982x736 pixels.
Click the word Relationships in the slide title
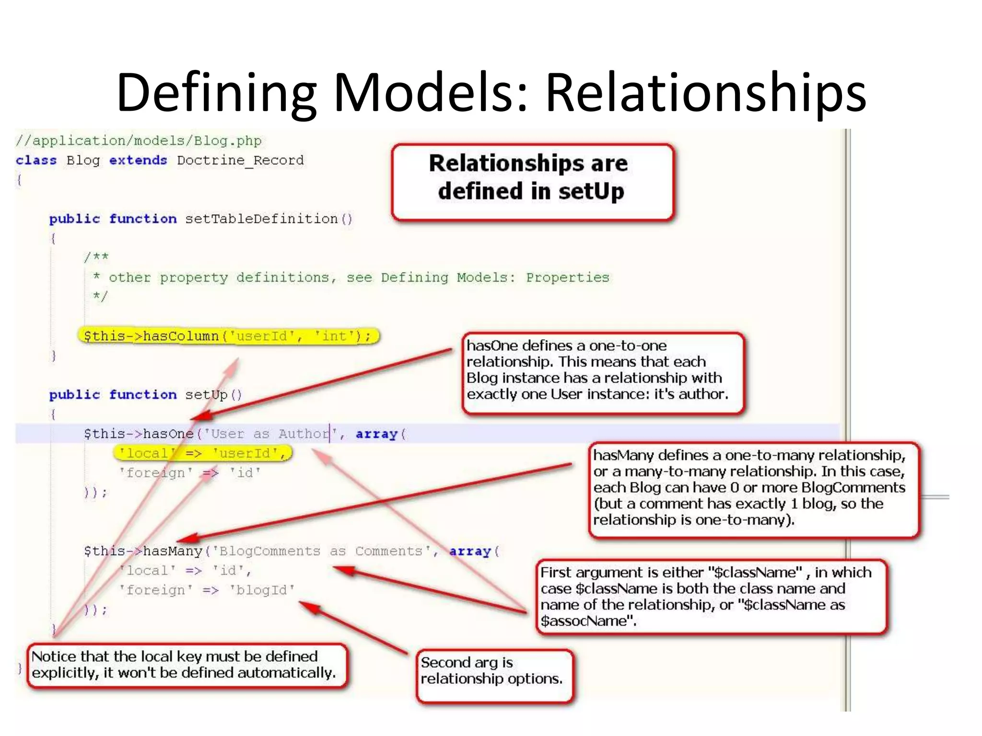point(705,92)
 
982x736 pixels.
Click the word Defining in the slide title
point(216,92)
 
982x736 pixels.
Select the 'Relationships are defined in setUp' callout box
point(532,182)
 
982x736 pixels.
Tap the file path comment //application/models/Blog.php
point(139,141)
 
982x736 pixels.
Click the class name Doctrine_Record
point(240,160)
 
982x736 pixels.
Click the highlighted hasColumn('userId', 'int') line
point(228,336)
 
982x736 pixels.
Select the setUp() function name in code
point(213,395)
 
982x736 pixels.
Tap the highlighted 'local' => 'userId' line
point(202,453)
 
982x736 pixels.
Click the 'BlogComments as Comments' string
point(317,552)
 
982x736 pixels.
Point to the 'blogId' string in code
point(262,590)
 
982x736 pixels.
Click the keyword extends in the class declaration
point(138,160)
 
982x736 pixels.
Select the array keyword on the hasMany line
point(470,552)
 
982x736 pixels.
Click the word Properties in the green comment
point(567,278)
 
